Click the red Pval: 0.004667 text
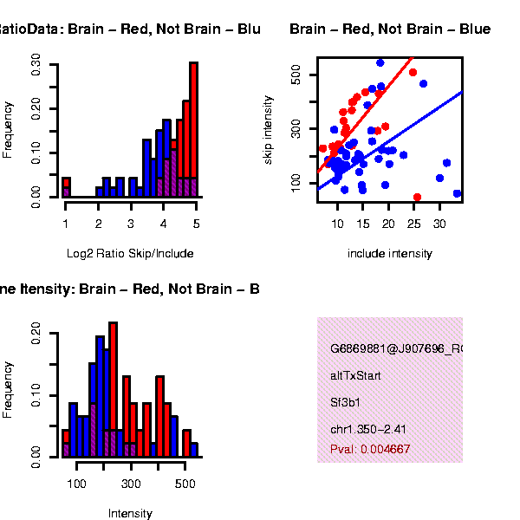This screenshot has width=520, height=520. point(370,450)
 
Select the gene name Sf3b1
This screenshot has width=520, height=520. point(344,403)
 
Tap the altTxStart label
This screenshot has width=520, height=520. point(355,376)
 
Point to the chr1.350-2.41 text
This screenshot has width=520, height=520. point(368,429)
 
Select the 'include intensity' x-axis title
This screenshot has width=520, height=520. point(389,254)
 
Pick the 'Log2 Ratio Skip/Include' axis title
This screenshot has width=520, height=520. point(130,254)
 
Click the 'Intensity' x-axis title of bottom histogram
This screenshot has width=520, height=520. point(130,514)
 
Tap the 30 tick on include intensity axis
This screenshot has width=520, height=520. point(439,223)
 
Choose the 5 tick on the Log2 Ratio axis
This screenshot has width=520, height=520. point(197,224)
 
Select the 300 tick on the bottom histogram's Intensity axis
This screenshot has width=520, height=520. point(131,483)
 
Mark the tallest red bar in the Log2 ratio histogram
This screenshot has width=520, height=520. point(194,121)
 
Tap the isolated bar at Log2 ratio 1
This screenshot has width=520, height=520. point(66,187)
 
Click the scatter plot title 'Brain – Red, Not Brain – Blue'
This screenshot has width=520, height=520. point(390,30)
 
